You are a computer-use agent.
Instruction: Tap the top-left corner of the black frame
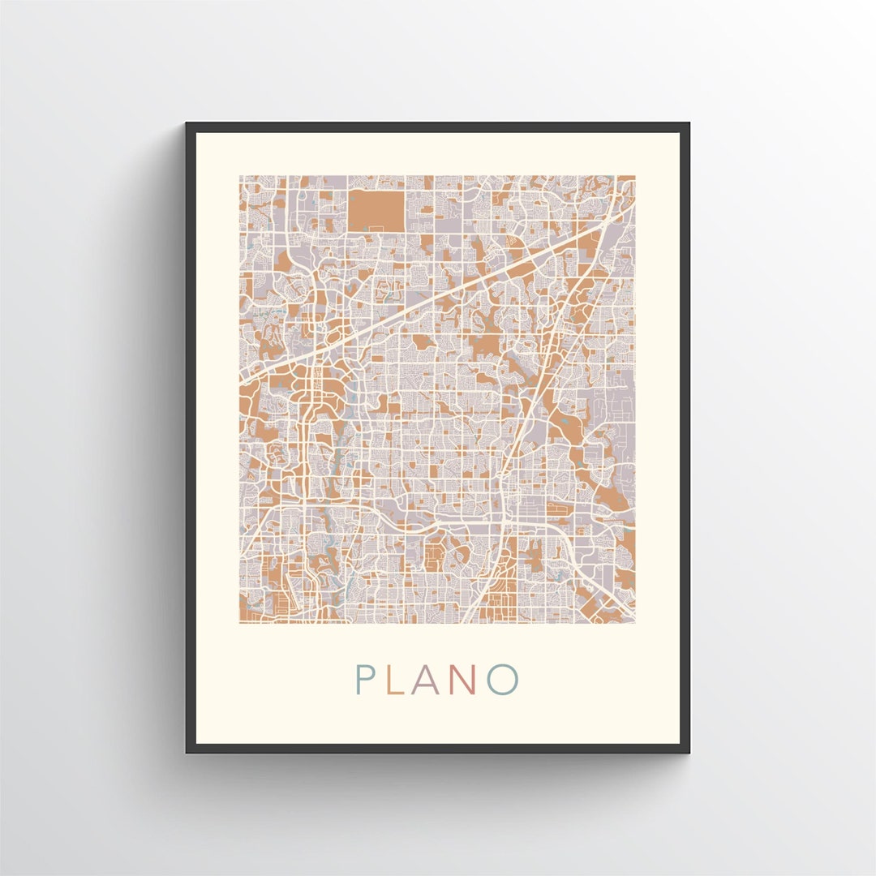tap(187, 124)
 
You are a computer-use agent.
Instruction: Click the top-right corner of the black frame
tap(689, 124)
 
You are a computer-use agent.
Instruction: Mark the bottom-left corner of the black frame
tap(187, 752)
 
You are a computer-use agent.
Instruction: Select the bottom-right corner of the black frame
tap(689, 752)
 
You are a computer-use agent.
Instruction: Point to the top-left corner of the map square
tap(240, 176)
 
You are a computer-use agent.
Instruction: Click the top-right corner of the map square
tap(635, 176)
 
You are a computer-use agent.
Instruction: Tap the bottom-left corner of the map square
tap(240, 623)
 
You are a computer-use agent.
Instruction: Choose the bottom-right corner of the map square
tap(635, 623)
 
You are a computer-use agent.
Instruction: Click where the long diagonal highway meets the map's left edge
tap(241, 380)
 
